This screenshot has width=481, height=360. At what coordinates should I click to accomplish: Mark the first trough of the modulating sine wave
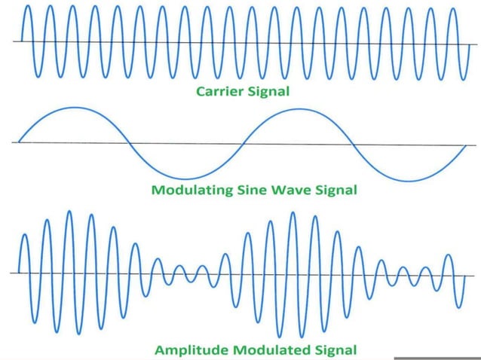pos(185,179)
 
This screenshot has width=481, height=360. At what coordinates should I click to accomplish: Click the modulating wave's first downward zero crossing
pos(130,143)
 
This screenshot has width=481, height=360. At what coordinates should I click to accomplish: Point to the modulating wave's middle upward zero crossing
pos(241,144)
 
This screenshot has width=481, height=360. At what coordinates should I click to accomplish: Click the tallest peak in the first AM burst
pos(70,212)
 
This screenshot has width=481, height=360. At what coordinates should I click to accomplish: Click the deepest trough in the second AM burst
pos(280,336)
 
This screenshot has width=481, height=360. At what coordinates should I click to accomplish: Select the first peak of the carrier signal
pos(28,7)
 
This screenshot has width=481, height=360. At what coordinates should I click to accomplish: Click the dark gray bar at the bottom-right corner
pos(437,358)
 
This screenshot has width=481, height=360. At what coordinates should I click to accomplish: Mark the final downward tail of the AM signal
pos(459,305)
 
